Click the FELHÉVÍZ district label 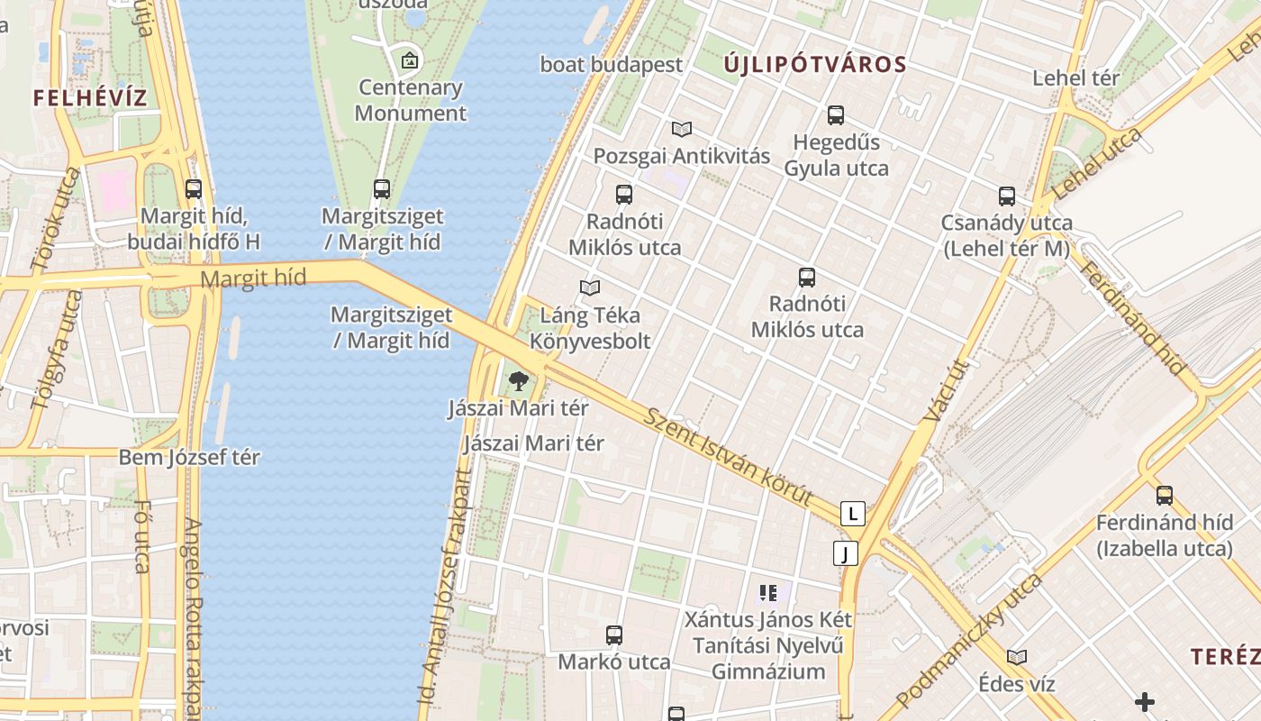click(x=90, y=98)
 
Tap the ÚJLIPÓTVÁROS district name click(x=815, y=65)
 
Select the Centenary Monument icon click(x=410, y=61)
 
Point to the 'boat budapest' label click(x=612, y=65)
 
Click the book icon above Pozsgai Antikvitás click(x=682, y=129)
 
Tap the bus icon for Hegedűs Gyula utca click(x=836, y=115)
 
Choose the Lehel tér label click(x=1075, y=78)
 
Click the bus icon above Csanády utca click(x=1006, y=196)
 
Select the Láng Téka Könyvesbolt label click(x=590, y=328)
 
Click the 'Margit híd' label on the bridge click(x=248, y=278)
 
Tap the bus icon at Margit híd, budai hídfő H click(x=194, y=189)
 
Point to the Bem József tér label click(x=189, y=457)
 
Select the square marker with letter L click(x=852, y=514)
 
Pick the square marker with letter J click(x=845, y=553)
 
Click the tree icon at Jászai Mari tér click(x=518, y=381)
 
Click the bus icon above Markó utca click(x=614, y=635)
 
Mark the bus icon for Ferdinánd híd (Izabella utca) click(x=1164, y=495)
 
